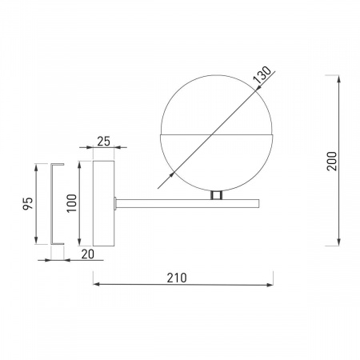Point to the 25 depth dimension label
[102, 142]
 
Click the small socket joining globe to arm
[216, 195]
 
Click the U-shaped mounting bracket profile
[54, 205]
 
